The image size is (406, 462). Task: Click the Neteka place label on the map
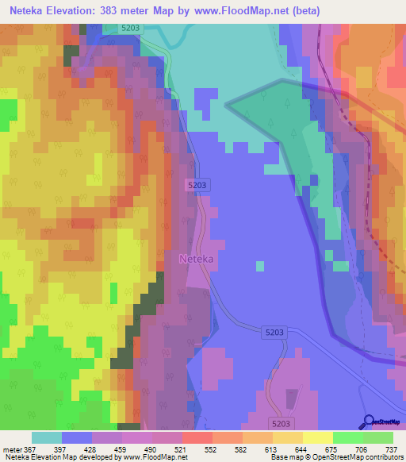197,259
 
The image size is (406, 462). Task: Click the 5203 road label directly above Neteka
198,185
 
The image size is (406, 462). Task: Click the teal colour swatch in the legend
47,437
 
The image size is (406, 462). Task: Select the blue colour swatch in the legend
77,437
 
